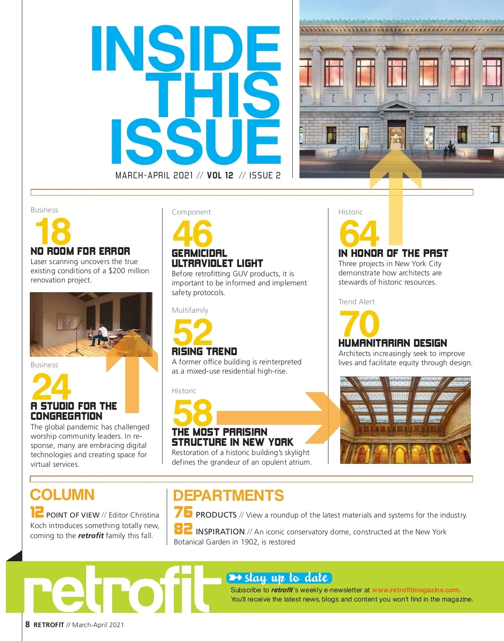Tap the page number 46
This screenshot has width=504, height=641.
point(192,234)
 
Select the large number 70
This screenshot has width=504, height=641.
point(359,324)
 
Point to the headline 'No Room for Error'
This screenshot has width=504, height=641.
point(80,251)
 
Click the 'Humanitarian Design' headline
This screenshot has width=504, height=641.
point(393,343)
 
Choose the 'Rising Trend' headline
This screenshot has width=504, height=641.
point(205,352)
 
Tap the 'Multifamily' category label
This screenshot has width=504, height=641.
point(190,310)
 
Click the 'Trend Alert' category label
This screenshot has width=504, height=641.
point(356,302)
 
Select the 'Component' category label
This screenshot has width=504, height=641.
point(191,212)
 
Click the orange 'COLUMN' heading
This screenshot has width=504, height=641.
point(62,494)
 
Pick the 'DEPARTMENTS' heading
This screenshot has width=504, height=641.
point(228,495)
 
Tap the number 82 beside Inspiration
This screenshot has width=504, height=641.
point(183,529)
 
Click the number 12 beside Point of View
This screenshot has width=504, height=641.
point(37,512)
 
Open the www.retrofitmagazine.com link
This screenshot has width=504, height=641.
point(415,590)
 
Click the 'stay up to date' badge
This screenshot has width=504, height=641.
point(279,578)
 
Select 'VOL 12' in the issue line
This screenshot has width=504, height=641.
point(220,175)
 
